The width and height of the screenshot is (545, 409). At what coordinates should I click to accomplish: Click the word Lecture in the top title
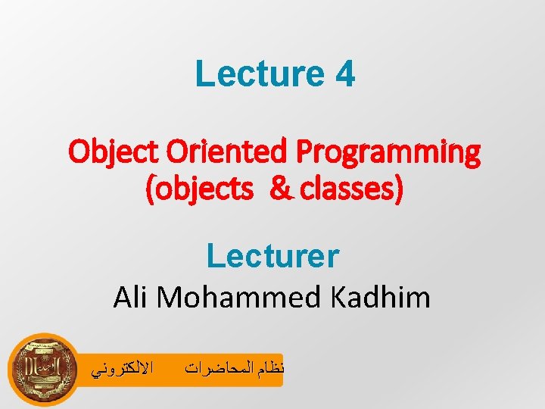[x=249, y=74]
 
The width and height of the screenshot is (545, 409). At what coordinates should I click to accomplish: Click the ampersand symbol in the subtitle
[x=279, y=190]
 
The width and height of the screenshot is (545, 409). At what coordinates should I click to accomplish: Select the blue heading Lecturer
[x=272, y=257]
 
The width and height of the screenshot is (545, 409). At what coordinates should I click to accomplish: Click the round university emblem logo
[x=43, y=370]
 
